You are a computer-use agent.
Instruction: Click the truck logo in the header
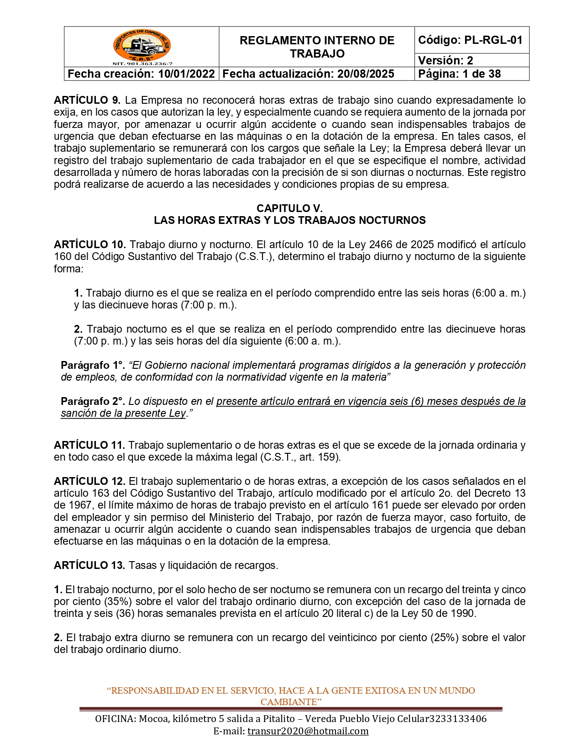142,46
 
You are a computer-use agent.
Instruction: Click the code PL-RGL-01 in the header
493,40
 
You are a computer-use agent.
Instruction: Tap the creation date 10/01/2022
186,74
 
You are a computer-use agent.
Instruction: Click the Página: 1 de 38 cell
459,74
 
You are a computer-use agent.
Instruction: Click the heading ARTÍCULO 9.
87,100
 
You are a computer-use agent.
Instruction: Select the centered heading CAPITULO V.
289,208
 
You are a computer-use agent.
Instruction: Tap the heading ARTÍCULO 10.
90,244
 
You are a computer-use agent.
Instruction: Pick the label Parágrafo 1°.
93,365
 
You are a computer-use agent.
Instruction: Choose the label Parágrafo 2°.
93,401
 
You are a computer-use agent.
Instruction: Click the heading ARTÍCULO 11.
89,445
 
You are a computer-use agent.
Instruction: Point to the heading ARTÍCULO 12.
89,481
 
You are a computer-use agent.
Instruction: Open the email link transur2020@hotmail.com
308,731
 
